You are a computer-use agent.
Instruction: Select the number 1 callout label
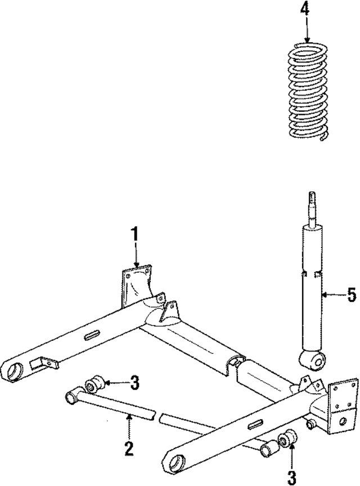[134, 234]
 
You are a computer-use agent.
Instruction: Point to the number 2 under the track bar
[129, 448]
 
